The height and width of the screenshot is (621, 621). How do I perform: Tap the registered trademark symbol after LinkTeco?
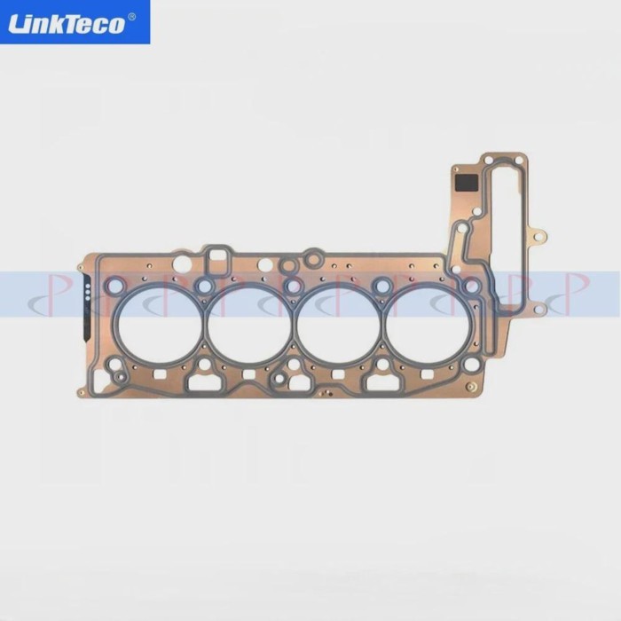(132, 16)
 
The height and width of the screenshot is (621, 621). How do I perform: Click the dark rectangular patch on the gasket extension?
(467, 183)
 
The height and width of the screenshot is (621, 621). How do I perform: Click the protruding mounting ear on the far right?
(538, 237)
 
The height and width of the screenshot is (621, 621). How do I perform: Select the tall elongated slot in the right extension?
(508, 231)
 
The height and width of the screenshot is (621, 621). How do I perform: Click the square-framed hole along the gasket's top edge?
(216, 258)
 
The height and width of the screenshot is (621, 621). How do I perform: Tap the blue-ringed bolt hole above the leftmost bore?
(114, 286)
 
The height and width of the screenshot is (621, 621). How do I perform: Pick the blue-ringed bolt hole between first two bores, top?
(206, 286)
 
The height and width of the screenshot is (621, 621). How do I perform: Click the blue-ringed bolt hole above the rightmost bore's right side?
(473, 286)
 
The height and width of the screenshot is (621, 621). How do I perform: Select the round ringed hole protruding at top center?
(312, 258)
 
